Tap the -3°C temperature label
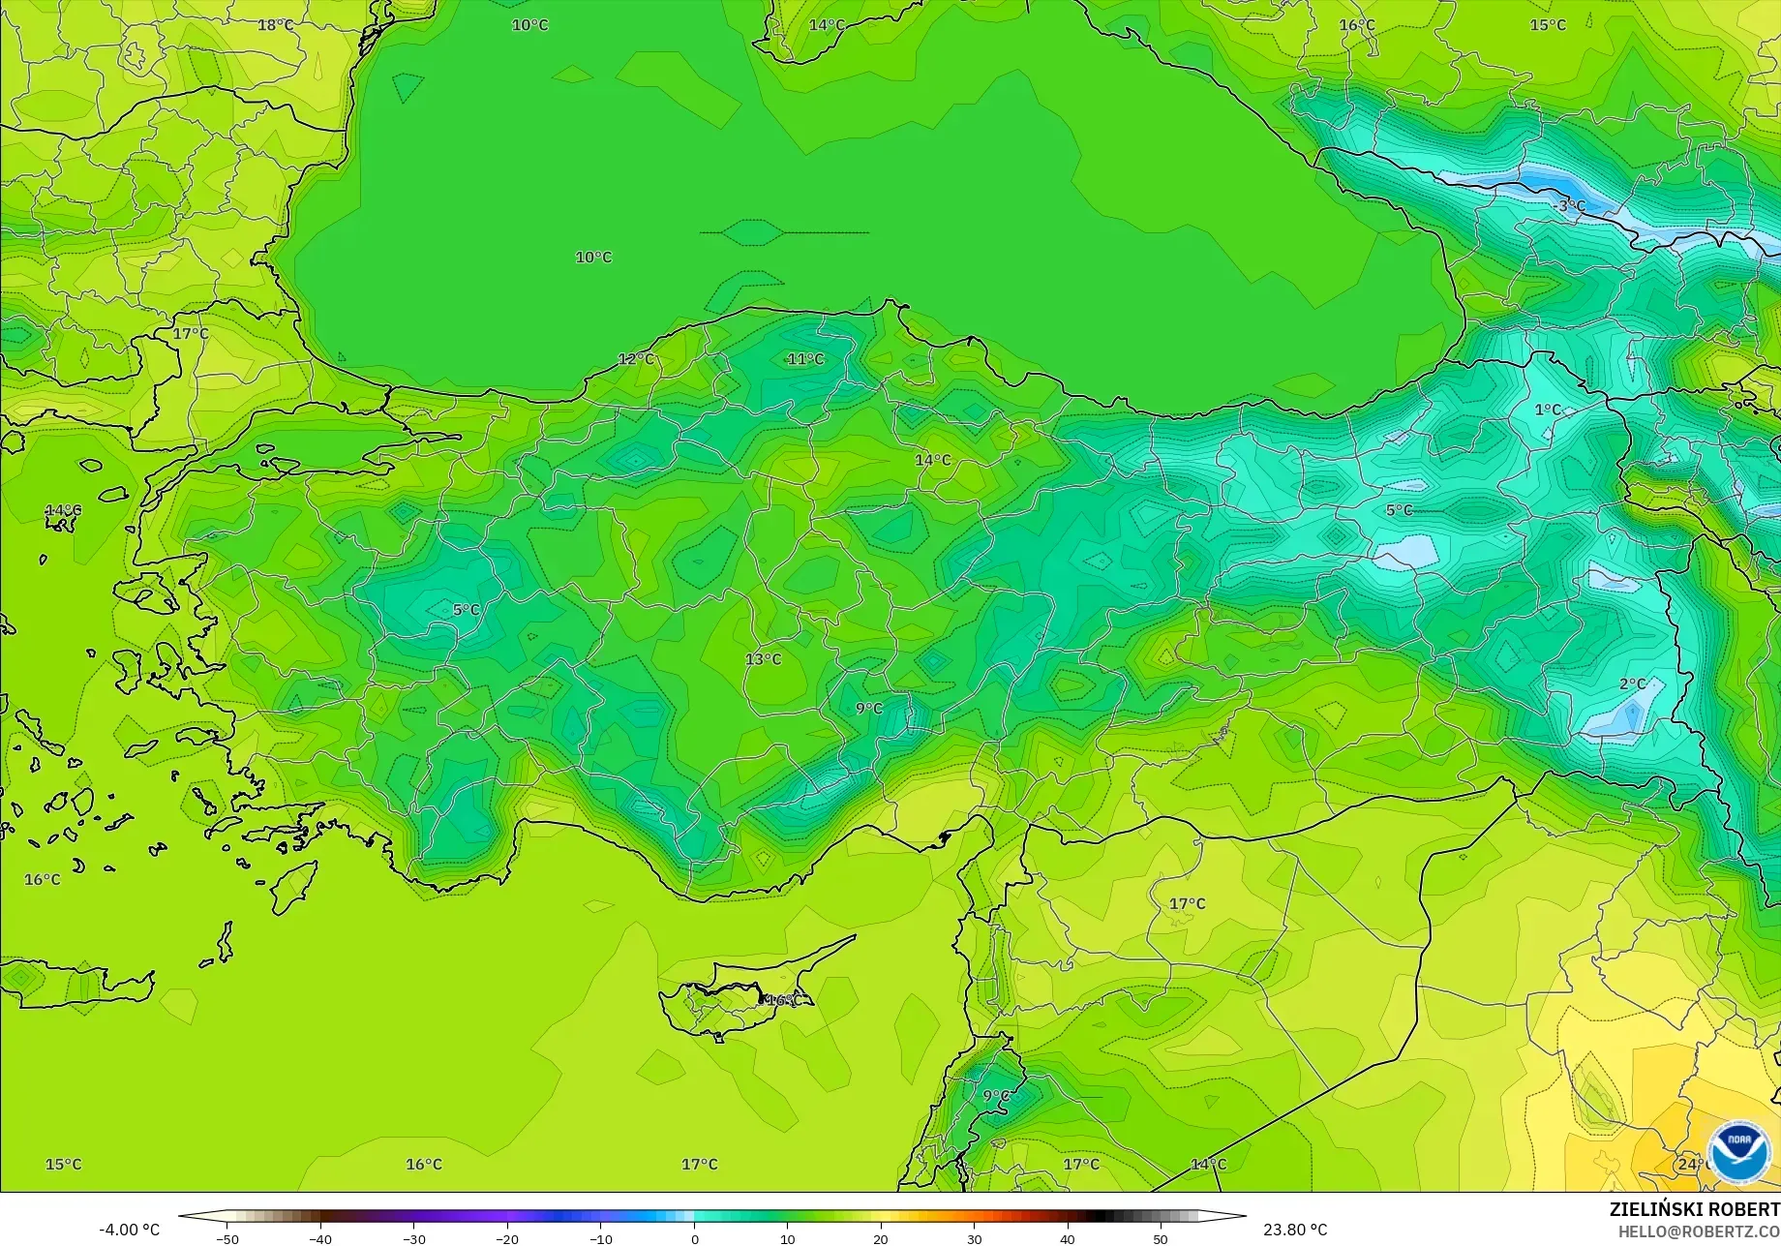coord(1569,206)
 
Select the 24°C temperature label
coord(1691,1164)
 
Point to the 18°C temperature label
coord(275,24)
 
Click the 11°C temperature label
coord(804,359)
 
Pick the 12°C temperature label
coord(636,359)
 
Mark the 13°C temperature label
coord(763,659)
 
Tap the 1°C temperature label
coord(1548,410)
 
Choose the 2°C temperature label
coord(1632,684)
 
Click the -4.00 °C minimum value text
coord(129,1230)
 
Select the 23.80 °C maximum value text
coord(1295,1230)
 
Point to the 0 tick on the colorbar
coord(694,1238)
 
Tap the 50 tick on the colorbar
coord(1161,1238)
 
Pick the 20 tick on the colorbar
coord(881,1238)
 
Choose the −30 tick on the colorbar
coord(413,1238)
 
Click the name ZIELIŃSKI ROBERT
coord(1694,1209)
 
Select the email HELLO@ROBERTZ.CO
coord(1699,1231)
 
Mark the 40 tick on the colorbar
coord(1067,1238)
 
